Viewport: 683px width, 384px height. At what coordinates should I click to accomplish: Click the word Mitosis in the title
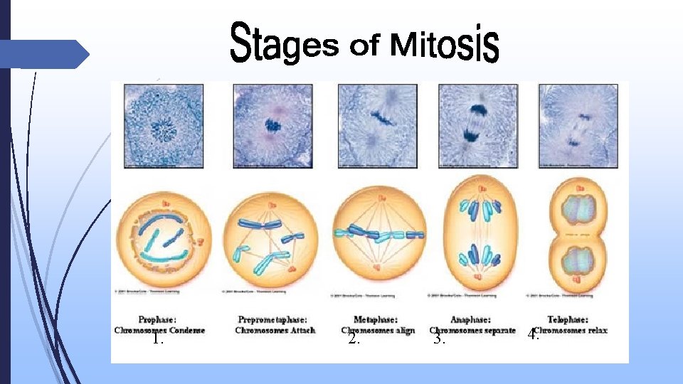pyautogui.click(x=445, y=44)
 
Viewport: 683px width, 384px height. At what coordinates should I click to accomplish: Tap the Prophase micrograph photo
pyautogui.click(x=164, y=125)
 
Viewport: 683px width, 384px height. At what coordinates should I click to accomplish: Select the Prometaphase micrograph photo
pyautogui.click(x=273, y=125)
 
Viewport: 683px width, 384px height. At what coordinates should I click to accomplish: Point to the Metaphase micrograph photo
pyautogui.click(x=378, y=125)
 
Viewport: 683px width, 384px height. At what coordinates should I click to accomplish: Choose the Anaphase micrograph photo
pyautogui.click(x=478, y=125)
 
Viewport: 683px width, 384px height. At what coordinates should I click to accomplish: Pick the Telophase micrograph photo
pyautogui.click(x=578, y=125)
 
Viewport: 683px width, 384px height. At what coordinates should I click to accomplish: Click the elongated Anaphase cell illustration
pyautogui.click(x=478, y=235)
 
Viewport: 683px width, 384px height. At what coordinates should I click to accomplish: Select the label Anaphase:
pyautogui.click(x=471, y=320)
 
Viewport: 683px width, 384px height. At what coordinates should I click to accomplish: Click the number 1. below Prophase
pyautogui.click(x=158, y=339)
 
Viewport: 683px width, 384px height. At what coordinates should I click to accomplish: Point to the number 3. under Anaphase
pyautogui.click(x=440, y=339)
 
